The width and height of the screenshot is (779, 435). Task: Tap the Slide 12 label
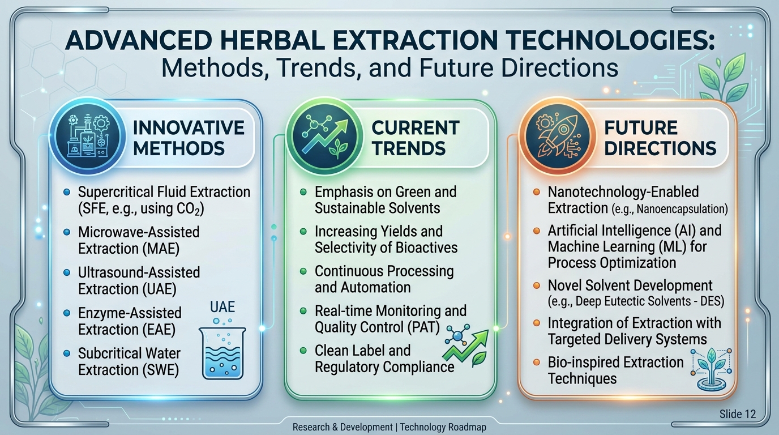click(x=738, y=414)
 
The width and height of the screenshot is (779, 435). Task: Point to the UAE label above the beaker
click(x=222, y=307)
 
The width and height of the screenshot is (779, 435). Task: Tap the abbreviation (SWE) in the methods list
click(x=160, y=369)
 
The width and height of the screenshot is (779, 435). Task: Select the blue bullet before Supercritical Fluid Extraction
click(x=67, y=192)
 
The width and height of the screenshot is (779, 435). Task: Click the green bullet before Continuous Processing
click(x=303, y=271)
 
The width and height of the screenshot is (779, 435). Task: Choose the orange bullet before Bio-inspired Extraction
click(x=537, y=362)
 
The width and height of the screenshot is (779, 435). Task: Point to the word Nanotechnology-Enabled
click(x=623, y=192)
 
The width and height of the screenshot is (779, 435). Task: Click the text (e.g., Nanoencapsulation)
click(x=669, y=209)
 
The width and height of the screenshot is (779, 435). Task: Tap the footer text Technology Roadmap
click(x=443, y=427)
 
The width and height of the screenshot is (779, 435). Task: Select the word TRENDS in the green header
click(x=409, y=148)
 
